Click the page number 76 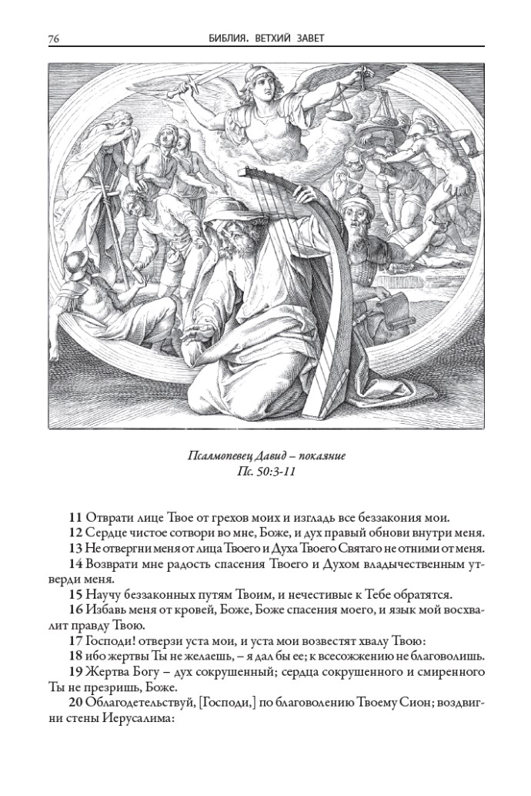[54, 38]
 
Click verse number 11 [76, 517]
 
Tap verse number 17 [76, 640]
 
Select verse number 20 [76, 704]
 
